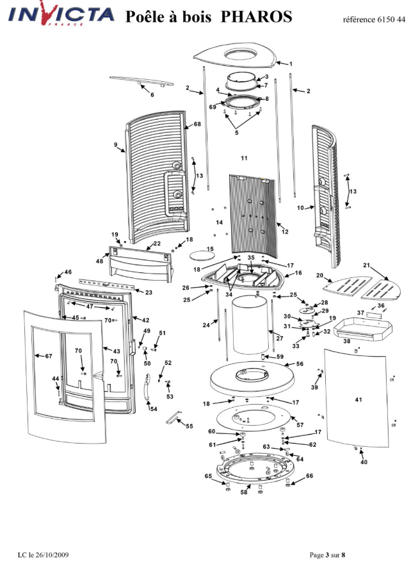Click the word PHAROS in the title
click(x=256, y=17)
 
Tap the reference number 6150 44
click(x=391, y=20)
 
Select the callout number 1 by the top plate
click(x=291, y=64)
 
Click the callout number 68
click(x=197, y=124)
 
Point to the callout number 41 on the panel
click(x=359, y=400)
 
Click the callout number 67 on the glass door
click(x=49, y=356)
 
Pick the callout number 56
click(x=300, y=364)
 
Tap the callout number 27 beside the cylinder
click(x=280, y=338)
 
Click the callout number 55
click(x=190, y=426)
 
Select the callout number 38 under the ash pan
click(x=346, y=341)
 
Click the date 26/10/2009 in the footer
click(x=54, y=555)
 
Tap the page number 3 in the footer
click(x=327, y=555)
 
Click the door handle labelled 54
click(x=147, y=387)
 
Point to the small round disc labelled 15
click(x=201, y=256)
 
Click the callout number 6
click(x=152, y=95)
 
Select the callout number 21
click(x=366, y=265)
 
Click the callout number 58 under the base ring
click(x=244, y=492)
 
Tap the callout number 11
click(x=244, y=158)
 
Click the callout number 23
click(x=149, y=292)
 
